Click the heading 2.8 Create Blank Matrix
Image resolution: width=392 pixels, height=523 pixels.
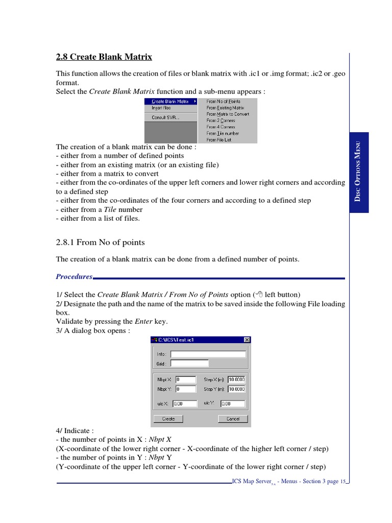(104, 57)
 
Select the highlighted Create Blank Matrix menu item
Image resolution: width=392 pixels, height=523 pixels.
(170, 102)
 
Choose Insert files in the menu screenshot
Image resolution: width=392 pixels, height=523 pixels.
(161, 108)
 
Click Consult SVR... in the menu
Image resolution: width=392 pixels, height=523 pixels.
(165, 117)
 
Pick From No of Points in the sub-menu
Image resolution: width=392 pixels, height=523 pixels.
(223, 102)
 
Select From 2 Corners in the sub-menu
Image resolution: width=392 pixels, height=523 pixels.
(220, 121)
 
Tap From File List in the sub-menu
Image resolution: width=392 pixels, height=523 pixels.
(218, 139)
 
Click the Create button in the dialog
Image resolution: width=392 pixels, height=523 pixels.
(168, 419)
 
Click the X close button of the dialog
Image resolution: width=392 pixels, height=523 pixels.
(247, 340)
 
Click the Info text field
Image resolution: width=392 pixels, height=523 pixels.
(208, 354)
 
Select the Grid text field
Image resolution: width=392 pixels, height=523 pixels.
(189, 364)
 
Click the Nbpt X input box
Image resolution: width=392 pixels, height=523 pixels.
(185, 379)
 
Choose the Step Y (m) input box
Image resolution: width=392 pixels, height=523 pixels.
(236, 389)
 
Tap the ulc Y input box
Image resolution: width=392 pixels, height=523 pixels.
(232, 403)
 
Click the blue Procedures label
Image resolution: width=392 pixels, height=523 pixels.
(74, 276)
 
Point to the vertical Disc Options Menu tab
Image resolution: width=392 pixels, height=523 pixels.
(359, 173)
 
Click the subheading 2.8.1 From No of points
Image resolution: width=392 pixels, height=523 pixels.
(100, 242)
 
